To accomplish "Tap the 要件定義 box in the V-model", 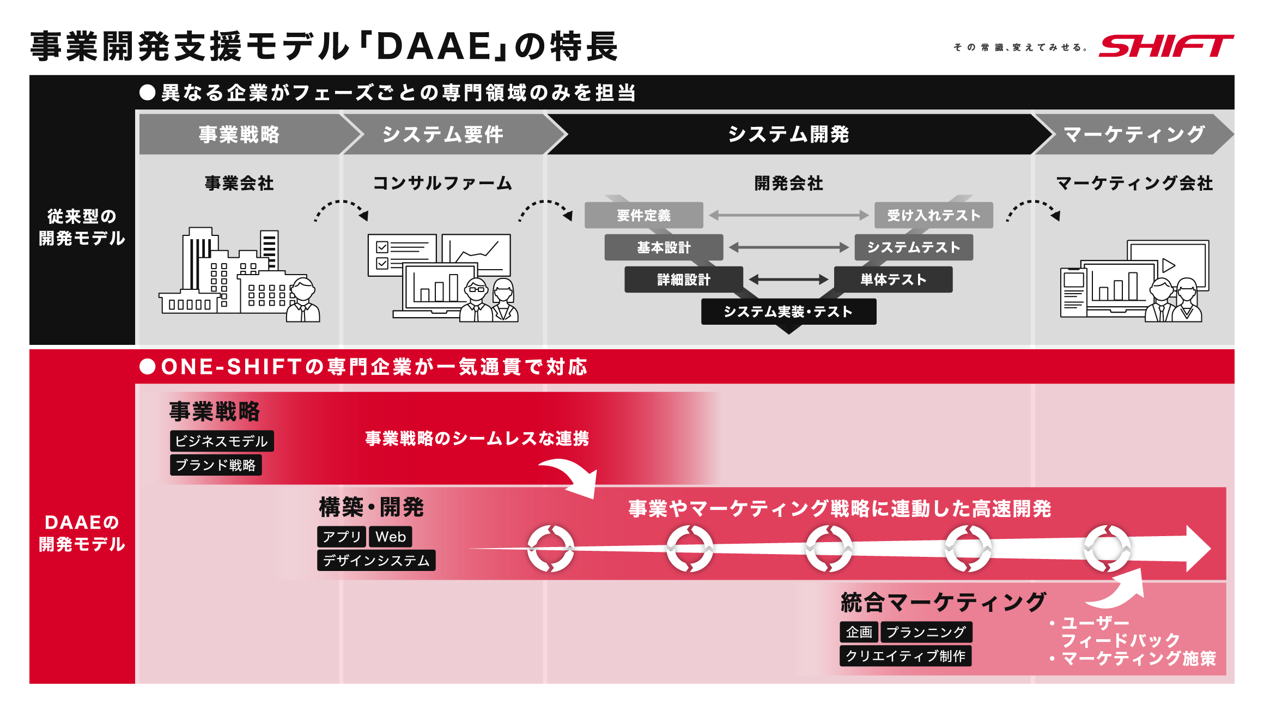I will [x=643, y=215].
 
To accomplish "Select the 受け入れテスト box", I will [x=933, y=215].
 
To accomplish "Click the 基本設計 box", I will [x=664, y=247].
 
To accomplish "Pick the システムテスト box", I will [x=913, y=247].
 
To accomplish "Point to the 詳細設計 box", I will [x=684, y=279].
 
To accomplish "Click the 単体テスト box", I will [x=894, y=279].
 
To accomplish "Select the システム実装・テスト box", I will [x=788, y=312].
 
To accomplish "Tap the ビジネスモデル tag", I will [x=221, y=441].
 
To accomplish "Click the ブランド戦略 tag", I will [x=216, y=465].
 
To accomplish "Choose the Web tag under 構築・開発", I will [x=390, y=537].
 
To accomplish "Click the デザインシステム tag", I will [x=376, y=561].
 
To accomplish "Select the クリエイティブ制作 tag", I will [x=905, y=656].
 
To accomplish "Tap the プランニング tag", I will [x=926, y=632].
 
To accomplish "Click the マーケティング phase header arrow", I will [x=1133, y=134].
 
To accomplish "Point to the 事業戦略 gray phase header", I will [x=240, y=134].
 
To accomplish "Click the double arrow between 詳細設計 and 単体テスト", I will [x=788, y=279].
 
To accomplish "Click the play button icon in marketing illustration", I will [x=1168, y=265].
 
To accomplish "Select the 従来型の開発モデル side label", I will [x=82, y=227].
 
